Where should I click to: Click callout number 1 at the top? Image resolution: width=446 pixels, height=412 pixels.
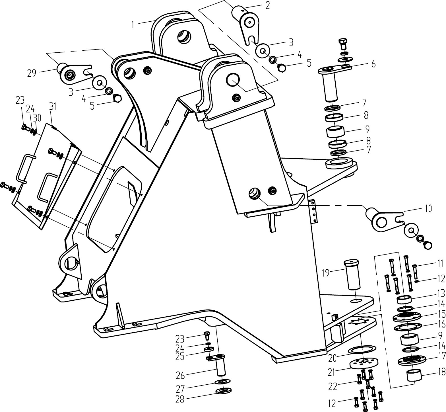coord(133,25)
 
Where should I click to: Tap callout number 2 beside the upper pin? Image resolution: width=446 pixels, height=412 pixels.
coord(267,5)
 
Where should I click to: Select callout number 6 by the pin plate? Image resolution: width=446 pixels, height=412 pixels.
coord(373,64)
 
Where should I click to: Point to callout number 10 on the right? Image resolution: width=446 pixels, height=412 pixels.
coord(428,208)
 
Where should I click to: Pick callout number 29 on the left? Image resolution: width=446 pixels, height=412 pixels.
coord(32,73)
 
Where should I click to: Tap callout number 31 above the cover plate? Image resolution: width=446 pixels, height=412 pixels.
coord(53,106)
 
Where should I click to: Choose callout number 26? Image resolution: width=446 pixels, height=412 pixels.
coord(180,376)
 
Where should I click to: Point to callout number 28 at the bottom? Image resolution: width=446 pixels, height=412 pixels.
coord(180,400)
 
